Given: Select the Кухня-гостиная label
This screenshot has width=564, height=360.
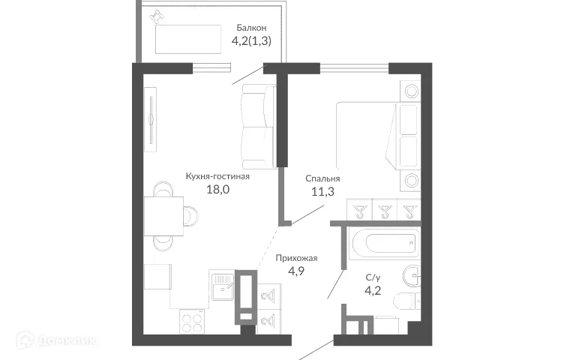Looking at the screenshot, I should pos(217,177).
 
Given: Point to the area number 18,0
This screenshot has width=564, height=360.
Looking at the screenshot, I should pos(217,190).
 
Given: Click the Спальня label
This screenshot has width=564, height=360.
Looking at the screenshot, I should pos(322,179).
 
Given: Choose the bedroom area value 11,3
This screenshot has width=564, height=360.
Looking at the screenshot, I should pos(322,193).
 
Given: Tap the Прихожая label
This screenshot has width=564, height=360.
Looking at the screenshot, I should pos(297,259).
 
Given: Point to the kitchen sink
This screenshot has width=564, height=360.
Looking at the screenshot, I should pos(223,287).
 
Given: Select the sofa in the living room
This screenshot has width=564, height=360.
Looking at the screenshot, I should pos(258,127).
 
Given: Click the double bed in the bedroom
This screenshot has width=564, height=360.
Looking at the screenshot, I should pos(367,136).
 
